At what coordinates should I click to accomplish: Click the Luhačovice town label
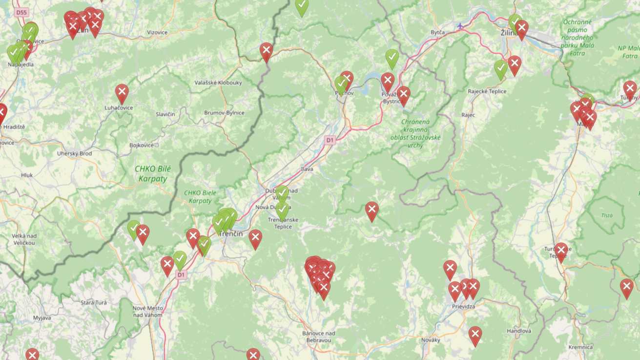pos(119,107)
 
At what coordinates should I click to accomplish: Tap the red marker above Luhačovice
pos(122,92)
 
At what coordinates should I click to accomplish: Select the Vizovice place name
pos(157,33)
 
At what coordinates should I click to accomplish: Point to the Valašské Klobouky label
pos(218,83)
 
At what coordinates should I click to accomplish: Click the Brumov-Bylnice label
pos(224,113)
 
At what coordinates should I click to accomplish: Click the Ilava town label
pos(307,169)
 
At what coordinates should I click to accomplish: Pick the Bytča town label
pos(437,32)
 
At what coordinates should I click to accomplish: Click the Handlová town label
pos(518,331)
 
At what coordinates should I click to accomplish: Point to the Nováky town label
pos(431,340)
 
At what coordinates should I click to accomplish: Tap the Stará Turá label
pos(94,303)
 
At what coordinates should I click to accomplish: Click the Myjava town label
pos(42,318)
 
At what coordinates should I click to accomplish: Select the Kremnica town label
pos(580,347)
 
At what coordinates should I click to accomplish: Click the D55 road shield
pos(21,12)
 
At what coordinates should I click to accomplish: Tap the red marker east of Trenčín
pos(255,238)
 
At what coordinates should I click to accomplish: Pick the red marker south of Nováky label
pos(475,335)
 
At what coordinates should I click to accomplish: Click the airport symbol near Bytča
pos(460,25)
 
